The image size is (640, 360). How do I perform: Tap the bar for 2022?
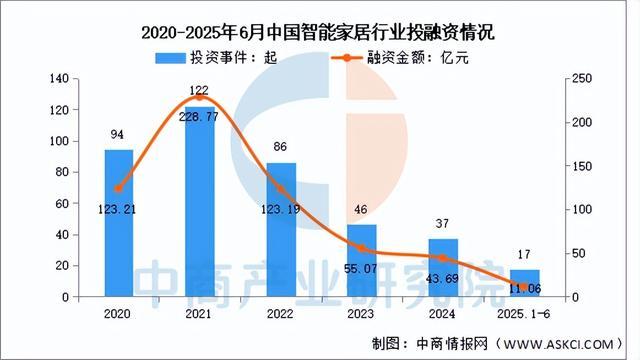pyautogui.click(x=281, y=230)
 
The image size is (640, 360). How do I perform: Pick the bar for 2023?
pyautogui.click(x=362, y=261)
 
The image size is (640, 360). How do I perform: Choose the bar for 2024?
pyautogui.click(x=442, y=268)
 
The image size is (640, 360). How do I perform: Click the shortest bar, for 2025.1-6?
pyautogui.click(x=523, y=283)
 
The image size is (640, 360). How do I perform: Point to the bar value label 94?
pyautogui.click(x=119, y=136)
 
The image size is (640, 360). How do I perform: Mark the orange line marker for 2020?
pyautogui.click(x=119, y=188)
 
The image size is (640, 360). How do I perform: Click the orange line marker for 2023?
pyautogui.click(x=362, y=249)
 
